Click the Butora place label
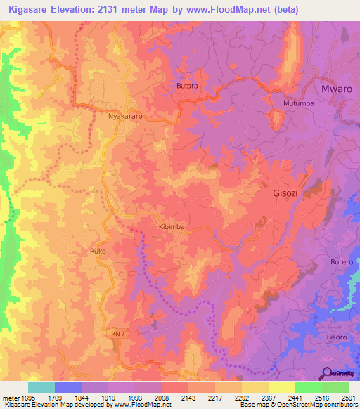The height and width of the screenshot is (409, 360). (x=187, y=86)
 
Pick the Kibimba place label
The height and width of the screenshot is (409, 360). (x=171, y=227)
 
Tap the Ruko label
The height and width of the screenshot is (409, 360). (x=97, y=249)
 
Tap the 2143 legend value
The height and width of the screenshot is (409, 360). (x=187, y=398)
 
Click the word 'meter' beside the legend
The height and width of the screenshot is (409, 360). (x=9, y=398)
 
